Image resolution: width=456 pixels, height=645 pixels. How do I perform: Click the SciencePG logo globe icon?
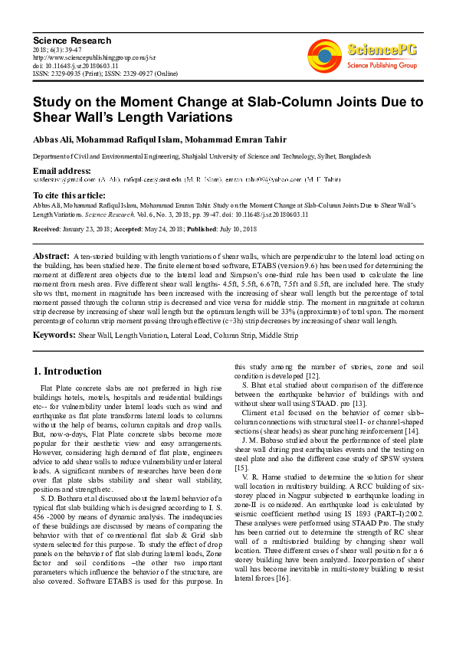[x=324, y=54]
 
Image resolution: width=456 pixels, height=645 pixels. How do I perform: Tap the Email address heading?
[x=62, y=170]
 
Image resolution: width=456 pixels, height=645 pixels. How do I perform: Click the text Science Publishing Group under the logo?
[x=380, y=67]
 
